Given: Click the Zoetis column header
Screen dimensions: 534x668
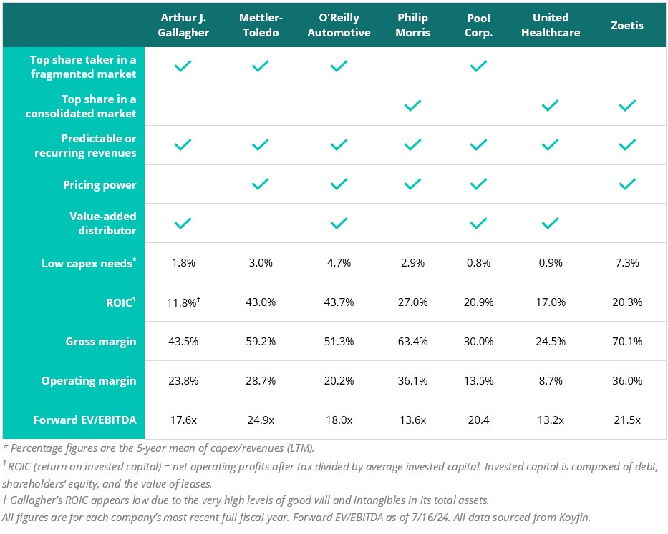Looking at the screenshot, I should [627, 25].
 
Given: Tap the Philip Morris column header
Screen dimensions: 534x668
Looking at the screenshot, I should [412, 25].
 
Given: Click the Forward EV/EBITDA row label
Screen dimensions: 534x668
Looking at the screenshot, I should [84, 420].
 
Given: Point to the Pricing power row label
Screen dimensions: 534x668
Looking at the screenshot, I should [100, 184].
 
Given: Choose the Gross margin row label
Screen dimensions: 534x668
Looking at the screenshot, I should [100, 341].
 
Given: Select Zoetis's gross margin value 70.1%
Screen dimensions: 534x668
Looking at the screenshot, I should [627, 341].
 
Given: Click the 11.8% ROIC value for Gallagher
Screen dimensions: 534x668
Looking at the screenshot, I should [181, 302].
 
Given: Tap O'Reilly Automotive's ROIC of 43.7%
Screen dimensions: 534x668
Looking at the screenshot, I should [338, 302].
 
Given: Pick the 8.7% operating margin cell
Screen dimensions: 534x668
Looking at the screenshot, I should [549, 380].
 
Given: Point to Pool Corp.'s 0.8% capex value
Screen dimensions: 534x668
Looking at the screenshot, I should [478, 263].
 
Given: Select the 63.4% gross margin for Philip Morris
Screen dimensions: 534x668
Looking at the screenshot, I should [412, 341].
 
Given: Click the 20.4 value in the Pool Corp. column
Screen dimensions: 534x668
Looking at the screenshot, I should [478, 420].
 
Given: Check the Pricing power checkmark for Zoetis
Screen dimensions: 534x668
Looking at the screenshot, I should [627, 184].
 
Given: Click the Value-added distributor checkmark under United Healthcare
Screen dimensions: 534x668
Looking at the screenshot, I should [549, 224].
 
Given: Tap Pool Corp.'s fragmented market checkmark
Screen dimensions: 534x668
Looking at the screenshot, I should [478, 66].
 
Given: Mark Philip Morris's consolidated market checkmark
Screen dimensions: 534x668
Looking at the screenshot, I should [412, 106].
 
